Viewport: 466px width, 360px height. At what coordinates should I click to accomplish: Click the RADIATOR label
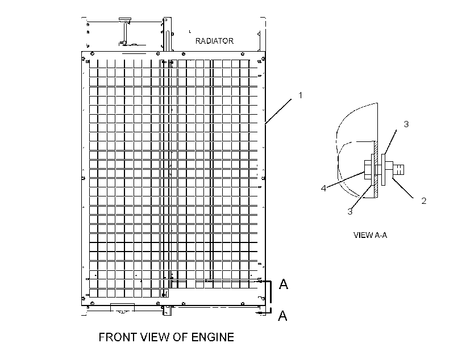tap(214, 41)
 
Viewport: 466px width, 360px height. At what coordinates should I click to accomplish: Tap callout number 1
tap(300, 95)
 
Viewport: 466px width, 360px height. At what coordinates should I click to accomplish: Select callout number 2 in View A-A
tap(424, 201)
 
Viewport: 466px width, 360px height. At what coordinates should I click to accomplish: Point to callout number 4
tap(324, 188)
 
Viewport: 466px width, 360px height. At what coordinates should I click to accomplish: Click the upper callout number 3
tap(406, 124)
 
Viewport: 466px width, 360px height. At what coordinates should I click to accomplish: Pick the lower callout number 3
tap(350, 211)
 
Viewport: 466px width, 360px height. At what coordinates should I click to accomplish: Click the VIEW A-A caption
tap(371, 235)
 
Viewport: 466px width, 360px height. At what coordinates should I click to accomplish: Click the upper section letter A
tap(284, 284)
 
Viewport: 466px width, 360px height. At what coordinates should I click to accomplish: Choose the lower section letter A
tap(282, 316)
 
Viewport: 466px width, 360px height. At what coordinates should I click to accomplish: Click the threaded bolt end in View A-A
tap(398, 170)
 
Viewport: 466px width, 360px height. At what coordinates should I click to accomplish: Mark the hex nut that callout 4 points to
tap(367, 170)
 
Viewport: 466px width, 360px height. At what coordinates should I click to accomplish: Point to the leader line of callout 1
tap(278, 111)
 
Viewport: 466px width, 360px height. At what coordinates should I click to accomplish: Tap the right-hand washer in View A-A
tap(384, 170)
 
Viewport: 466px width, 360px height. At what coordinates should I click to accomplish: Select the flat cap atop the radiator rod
tap(125, 20)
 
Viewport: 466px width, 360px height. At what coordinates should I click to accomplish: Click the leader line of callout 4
tap(346, 179)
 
